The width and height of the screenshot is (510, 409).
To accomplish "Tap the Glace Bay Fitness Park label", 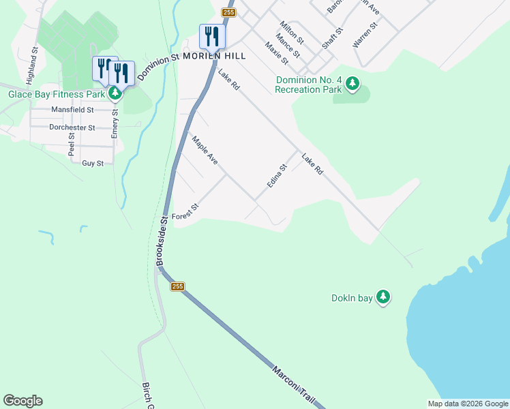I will click(55, 94).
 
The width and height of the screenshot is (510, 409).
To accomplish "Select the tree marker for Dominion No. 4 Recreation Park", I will click(352, 84).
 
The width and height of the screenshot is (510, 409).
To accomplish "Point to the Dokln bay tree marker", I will click(383, 297).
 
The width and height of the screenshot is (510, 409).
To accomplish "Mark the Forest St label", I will click(185, 211).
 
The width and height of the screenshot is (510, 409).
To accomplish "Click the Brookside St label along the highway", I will click(162, 242).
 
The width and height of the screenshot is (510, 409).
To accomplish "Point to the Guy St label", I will click(92, 164).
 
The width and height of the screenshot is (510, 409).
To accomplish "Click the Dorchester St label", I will click(72, 127).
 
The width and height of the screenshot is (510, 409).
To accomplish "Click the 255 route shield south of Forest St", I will click(178, 287).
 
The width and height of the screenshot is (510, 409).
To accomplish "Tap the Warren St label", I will click(365, 34).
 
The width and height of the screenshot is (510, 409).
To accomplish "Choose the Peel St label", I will click(71, 144).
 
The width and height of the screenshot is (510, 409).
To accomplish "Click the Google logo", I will click(22, 401).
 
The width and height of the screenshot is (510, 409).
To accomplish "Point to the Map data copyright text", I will click(468, 404).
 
